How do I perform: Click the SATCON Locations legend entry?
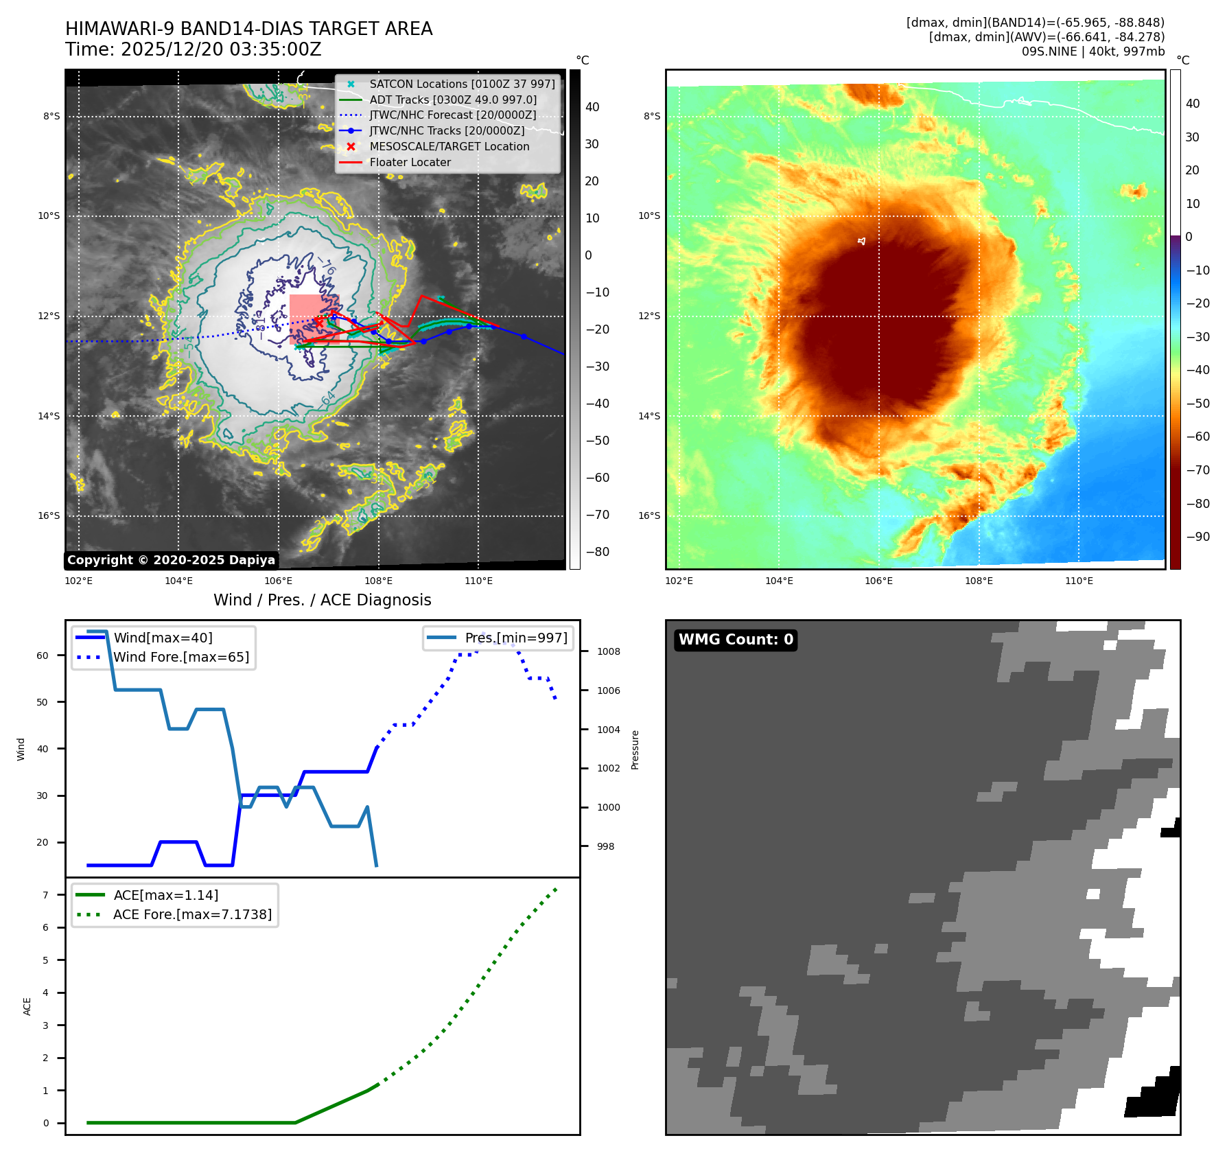pyautogui.click(x=461, y=84)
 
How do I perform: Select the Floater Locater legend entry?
pyautogui.click(x=410, y=163)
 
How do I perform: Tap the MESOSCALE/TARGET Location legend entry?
pyautogui.click(x=449, y=147)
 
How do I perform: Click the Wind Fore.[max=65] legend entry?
pyautogui.click(x=181, y=657)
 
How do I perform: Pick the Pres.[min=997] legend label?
pyautogui.click(x=516, y=638)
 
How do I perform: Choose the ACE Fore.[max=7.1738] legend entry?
pyautogui.click(x=192, y=914)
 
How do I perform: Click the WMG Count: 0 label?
pyautogui.click(x=736, y=640)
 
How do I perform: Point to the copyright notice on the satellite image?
pyautogui.click(x=171, y=560)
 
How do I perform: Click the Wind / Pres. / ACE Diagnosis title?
pyautogui.click(x=323, y=600)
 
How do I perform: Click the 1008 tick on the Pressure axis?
pyautogui.click(x=608, y=651)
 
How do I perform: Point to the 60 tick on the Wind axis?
pyautogui.click(x=43, y=656)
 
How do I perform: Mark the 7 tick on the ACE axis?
pyautogui.click(x=46, y=895)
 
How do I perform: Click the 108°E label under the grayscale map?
pyautogui.click(x=379, y=581)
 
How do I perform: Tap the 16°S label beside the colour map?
pyautogui.click(x=649, y=515)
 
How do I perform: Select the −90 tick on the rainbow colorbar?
pyautogui.click(x=1198, y=537)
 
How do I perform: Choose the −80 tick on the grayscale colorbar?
pyautogui.click(x=597, y=552)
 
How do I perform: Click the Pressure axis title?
pyautogui.click(x=635, y=750)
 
